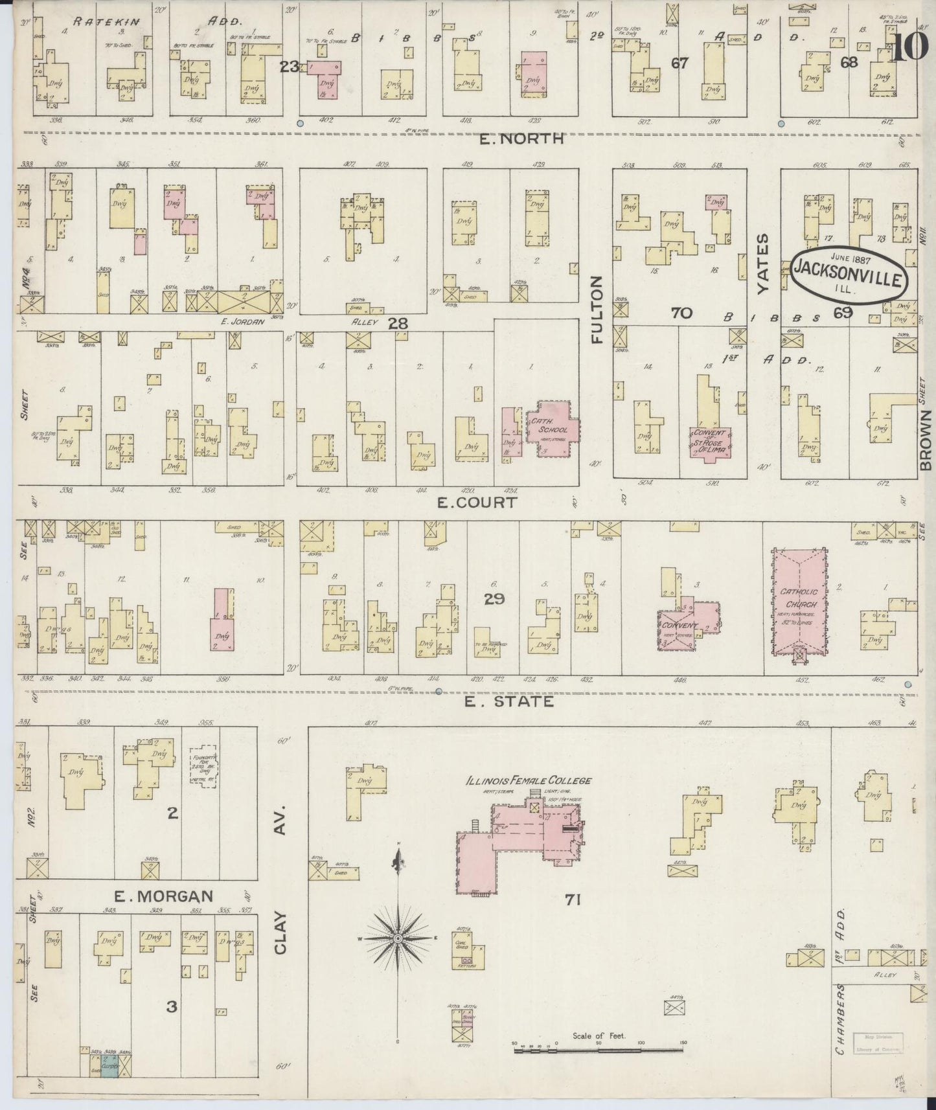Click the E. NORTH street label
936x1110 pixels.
click(x=532, y=139)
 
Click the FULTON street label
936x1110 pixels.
click(x=597, y=309)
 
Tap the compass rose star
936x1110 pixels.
click(x=398, y=937)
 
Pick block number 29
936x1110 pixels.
click(x=494, y=600)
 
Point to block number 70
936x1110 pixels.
click(x=681, y=313)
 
